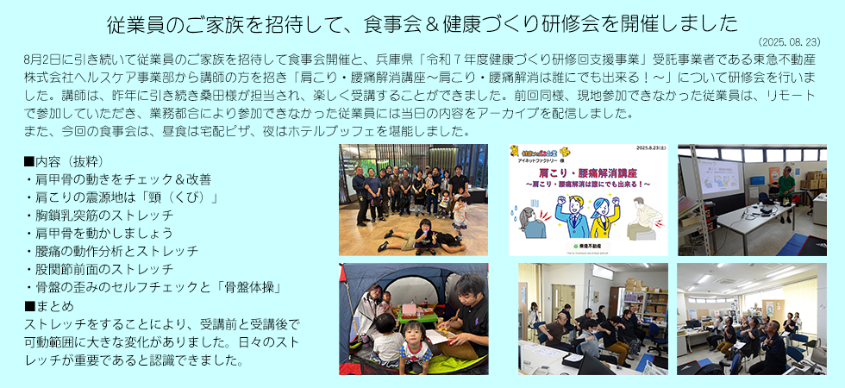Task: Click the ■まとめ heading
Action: [x=49, y=306]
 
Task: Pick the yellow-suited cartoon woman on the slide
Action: [x=604, y=216]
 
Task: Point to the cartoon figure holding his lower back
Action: [x=642, y=220]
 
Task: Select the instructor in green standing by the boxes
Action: [x=786, y=185]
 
